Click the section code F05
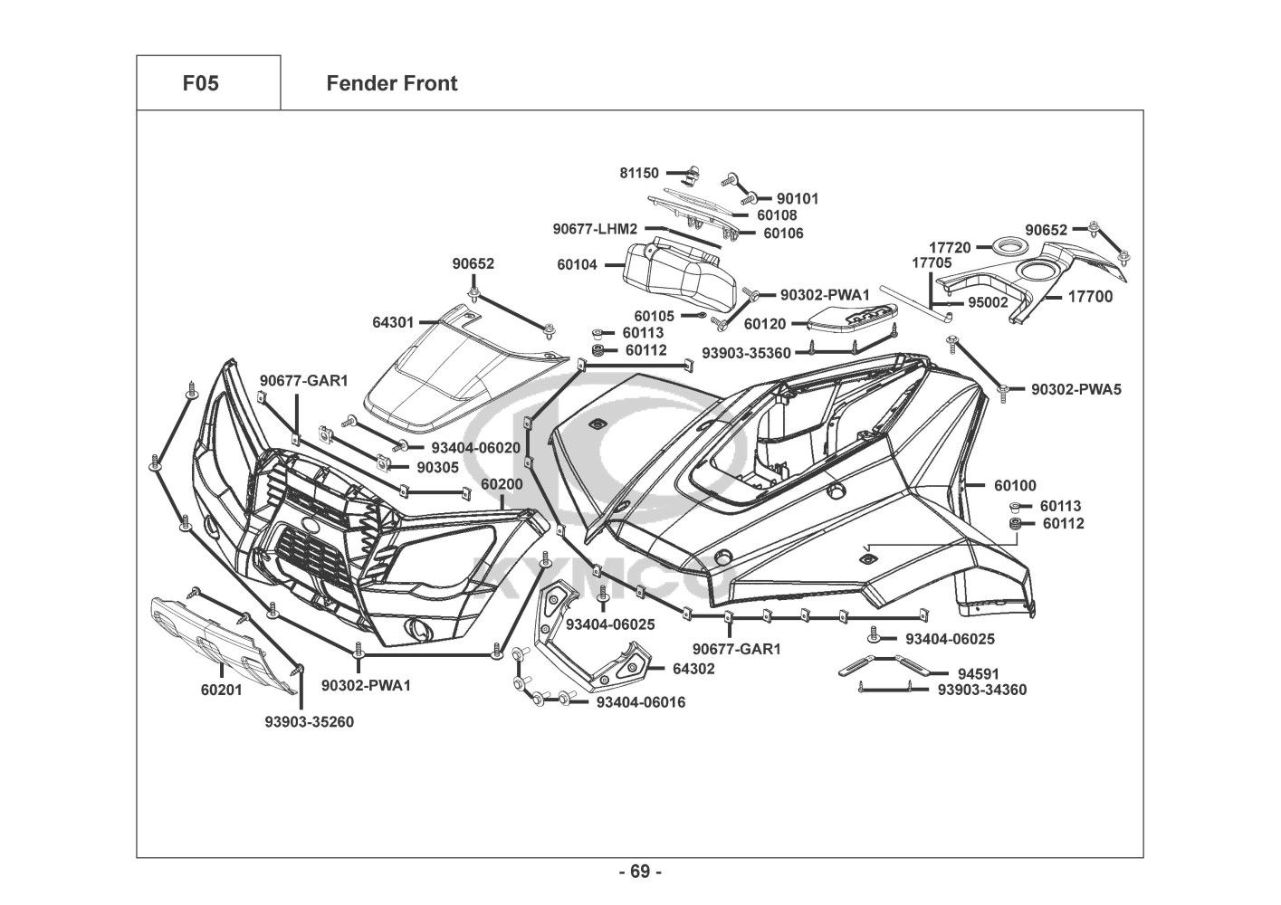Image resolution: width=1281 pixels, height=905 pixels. click(x=200, y=84)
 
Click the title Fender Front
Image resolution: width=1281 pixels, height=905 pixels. click(x=391, y=84)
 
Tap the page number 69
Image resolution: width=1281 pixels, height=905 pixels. click(x=640, y=872)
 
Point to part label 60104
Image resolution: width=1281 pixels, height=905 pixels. click(x=577, y=266)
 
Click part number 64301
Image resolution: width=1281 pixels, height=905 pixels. click(x=393, y=322)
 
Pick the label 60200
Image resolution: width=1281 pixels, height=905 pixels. click(x=502, y=485)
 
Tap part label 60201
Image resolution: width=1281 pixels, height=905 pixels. click(x=221, y=690)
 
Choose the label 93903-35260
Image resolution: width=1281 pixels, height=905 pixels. click(x=309, y=722)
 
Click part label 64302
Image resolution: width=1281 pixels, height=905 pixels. click(x=693, y=669)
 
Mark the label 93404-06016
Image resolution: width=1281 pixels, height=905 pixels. click(x=641, y=702)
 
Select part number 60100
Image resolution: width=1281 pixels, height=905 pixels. click(x=1015, y=486)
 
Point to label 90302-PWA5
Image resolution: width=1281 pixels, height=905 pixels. click(x=1076, y=389)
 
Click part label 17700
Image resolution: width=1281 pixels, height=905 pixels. click(x=1090, y=296)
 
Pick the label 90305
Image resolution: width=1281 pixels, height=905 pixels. click(x=437, y=467)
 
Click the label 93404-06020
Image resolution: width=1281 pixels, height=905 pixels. click(x=475, y=447)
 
